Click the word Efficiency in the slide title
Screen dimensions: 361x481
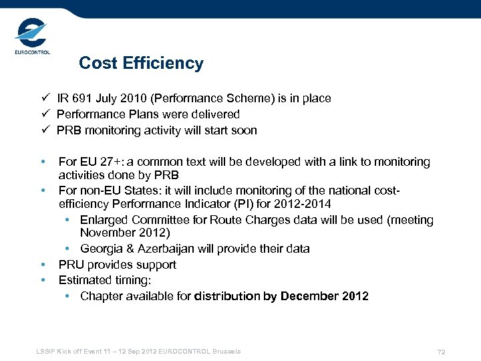coord(167,64)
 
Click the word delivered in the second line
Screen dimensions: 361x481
coord(216,114)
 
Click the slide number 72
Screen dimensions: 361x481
coord(441,352)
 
